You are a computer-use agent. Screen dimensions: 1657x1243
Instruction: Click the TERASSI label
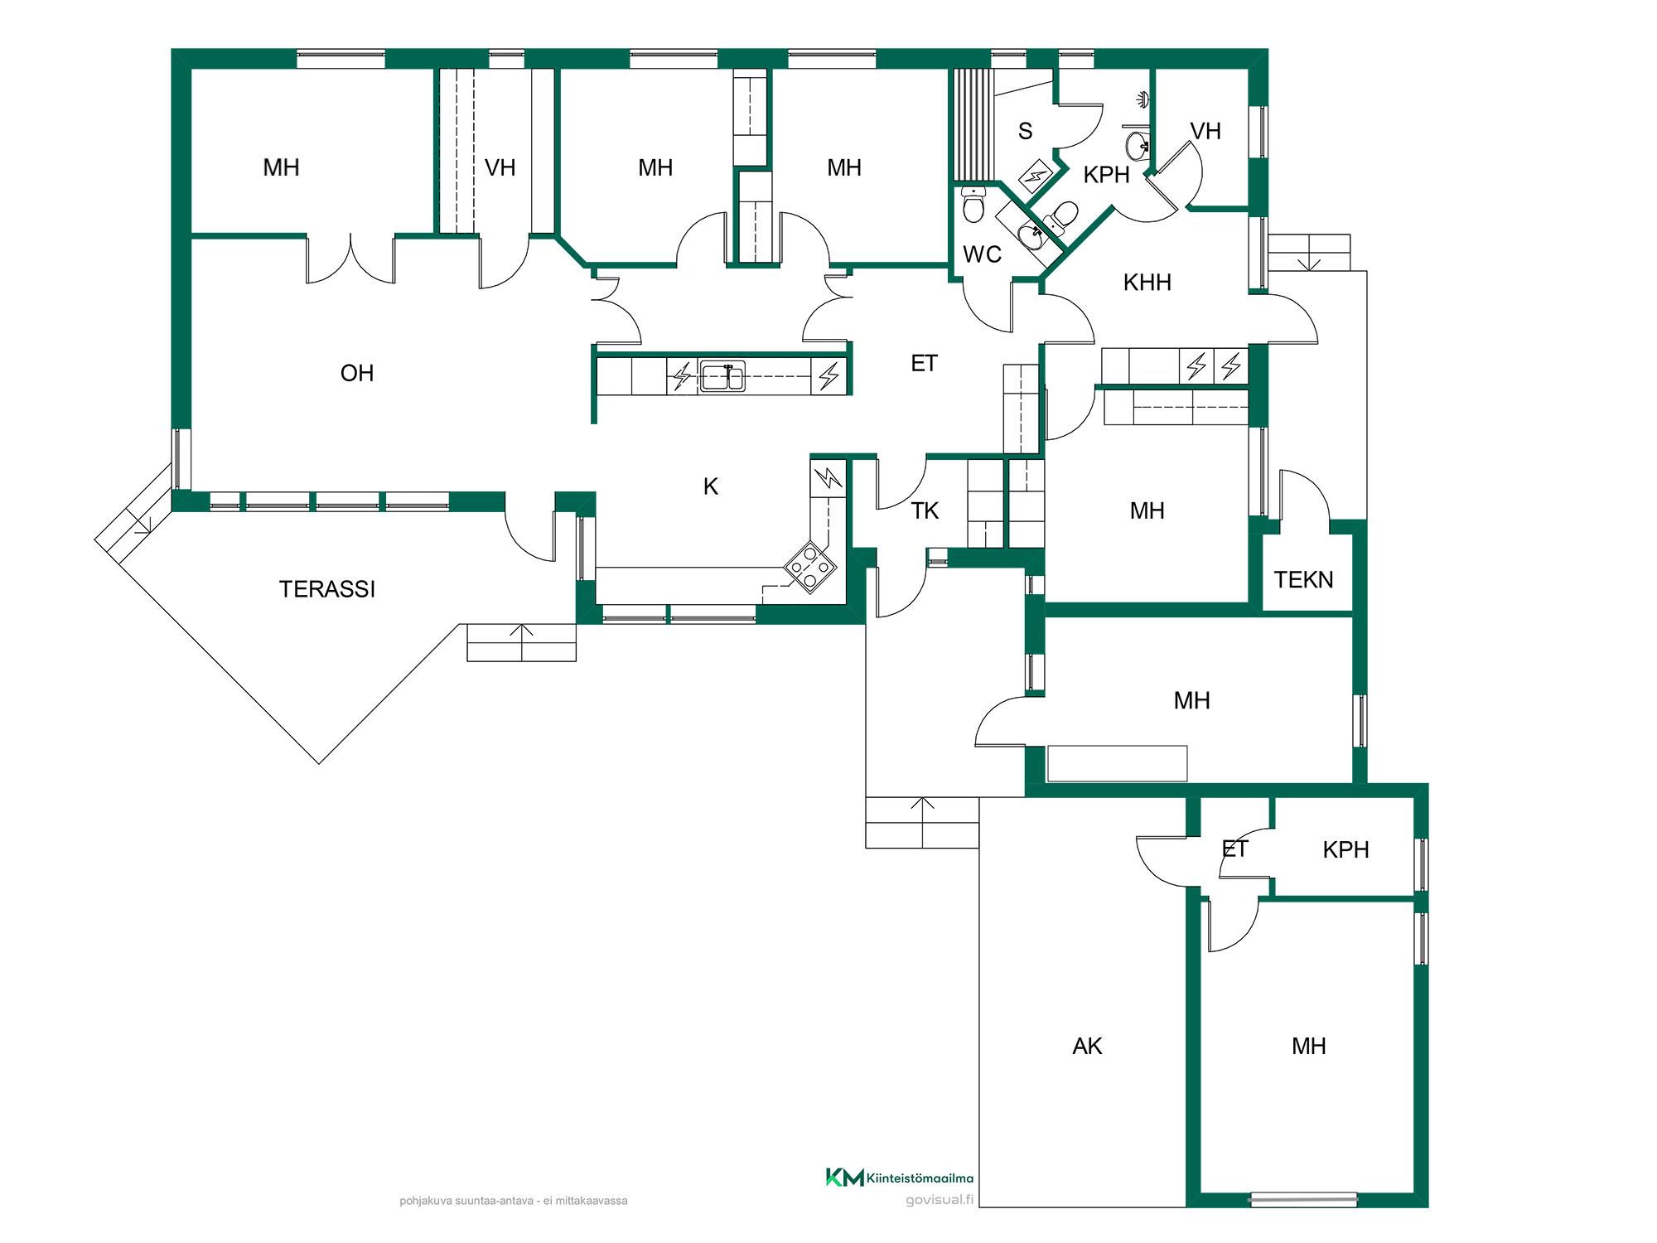327,589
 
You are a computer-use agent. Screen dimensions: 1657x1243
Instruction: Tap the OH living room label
357,373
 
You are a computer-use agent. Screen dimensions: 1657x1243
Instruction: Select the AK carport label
1087,1046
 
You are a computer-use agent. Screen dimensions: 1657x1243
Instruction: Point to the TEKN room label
1303,580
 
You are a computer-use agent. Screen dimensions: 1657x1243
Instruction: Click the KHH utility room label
1147,283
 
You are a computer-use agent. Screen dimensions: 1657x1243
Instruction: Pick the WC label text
983,254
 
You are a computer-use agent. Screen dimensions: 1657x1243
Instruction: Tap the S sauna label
1026,131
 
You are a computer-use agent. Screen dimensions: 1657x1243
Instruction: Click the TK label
925,510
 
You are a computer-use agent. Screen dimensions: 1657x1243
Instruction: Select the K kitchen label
711,486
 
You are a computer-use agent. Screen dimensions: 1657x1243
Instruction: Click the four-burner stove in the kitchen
810,568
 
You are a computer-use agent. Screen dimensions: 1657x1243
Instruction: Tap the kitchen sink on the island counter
722,376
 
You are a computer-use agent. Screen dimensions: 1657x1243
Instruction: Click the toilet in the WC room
973,205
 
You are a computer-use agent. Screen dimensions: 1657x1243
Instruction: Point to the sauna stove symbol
1036,176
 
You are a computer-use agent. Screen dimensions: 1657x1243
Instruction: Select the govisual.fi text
940,1199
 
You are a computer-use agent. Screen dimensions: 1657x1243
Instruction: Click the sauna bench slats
973,124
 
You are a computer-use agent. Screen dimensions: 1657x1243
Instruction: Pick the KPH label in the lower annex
1345,849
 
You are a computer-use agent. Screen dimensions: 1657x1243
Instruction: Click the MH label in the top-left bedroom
281,167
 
